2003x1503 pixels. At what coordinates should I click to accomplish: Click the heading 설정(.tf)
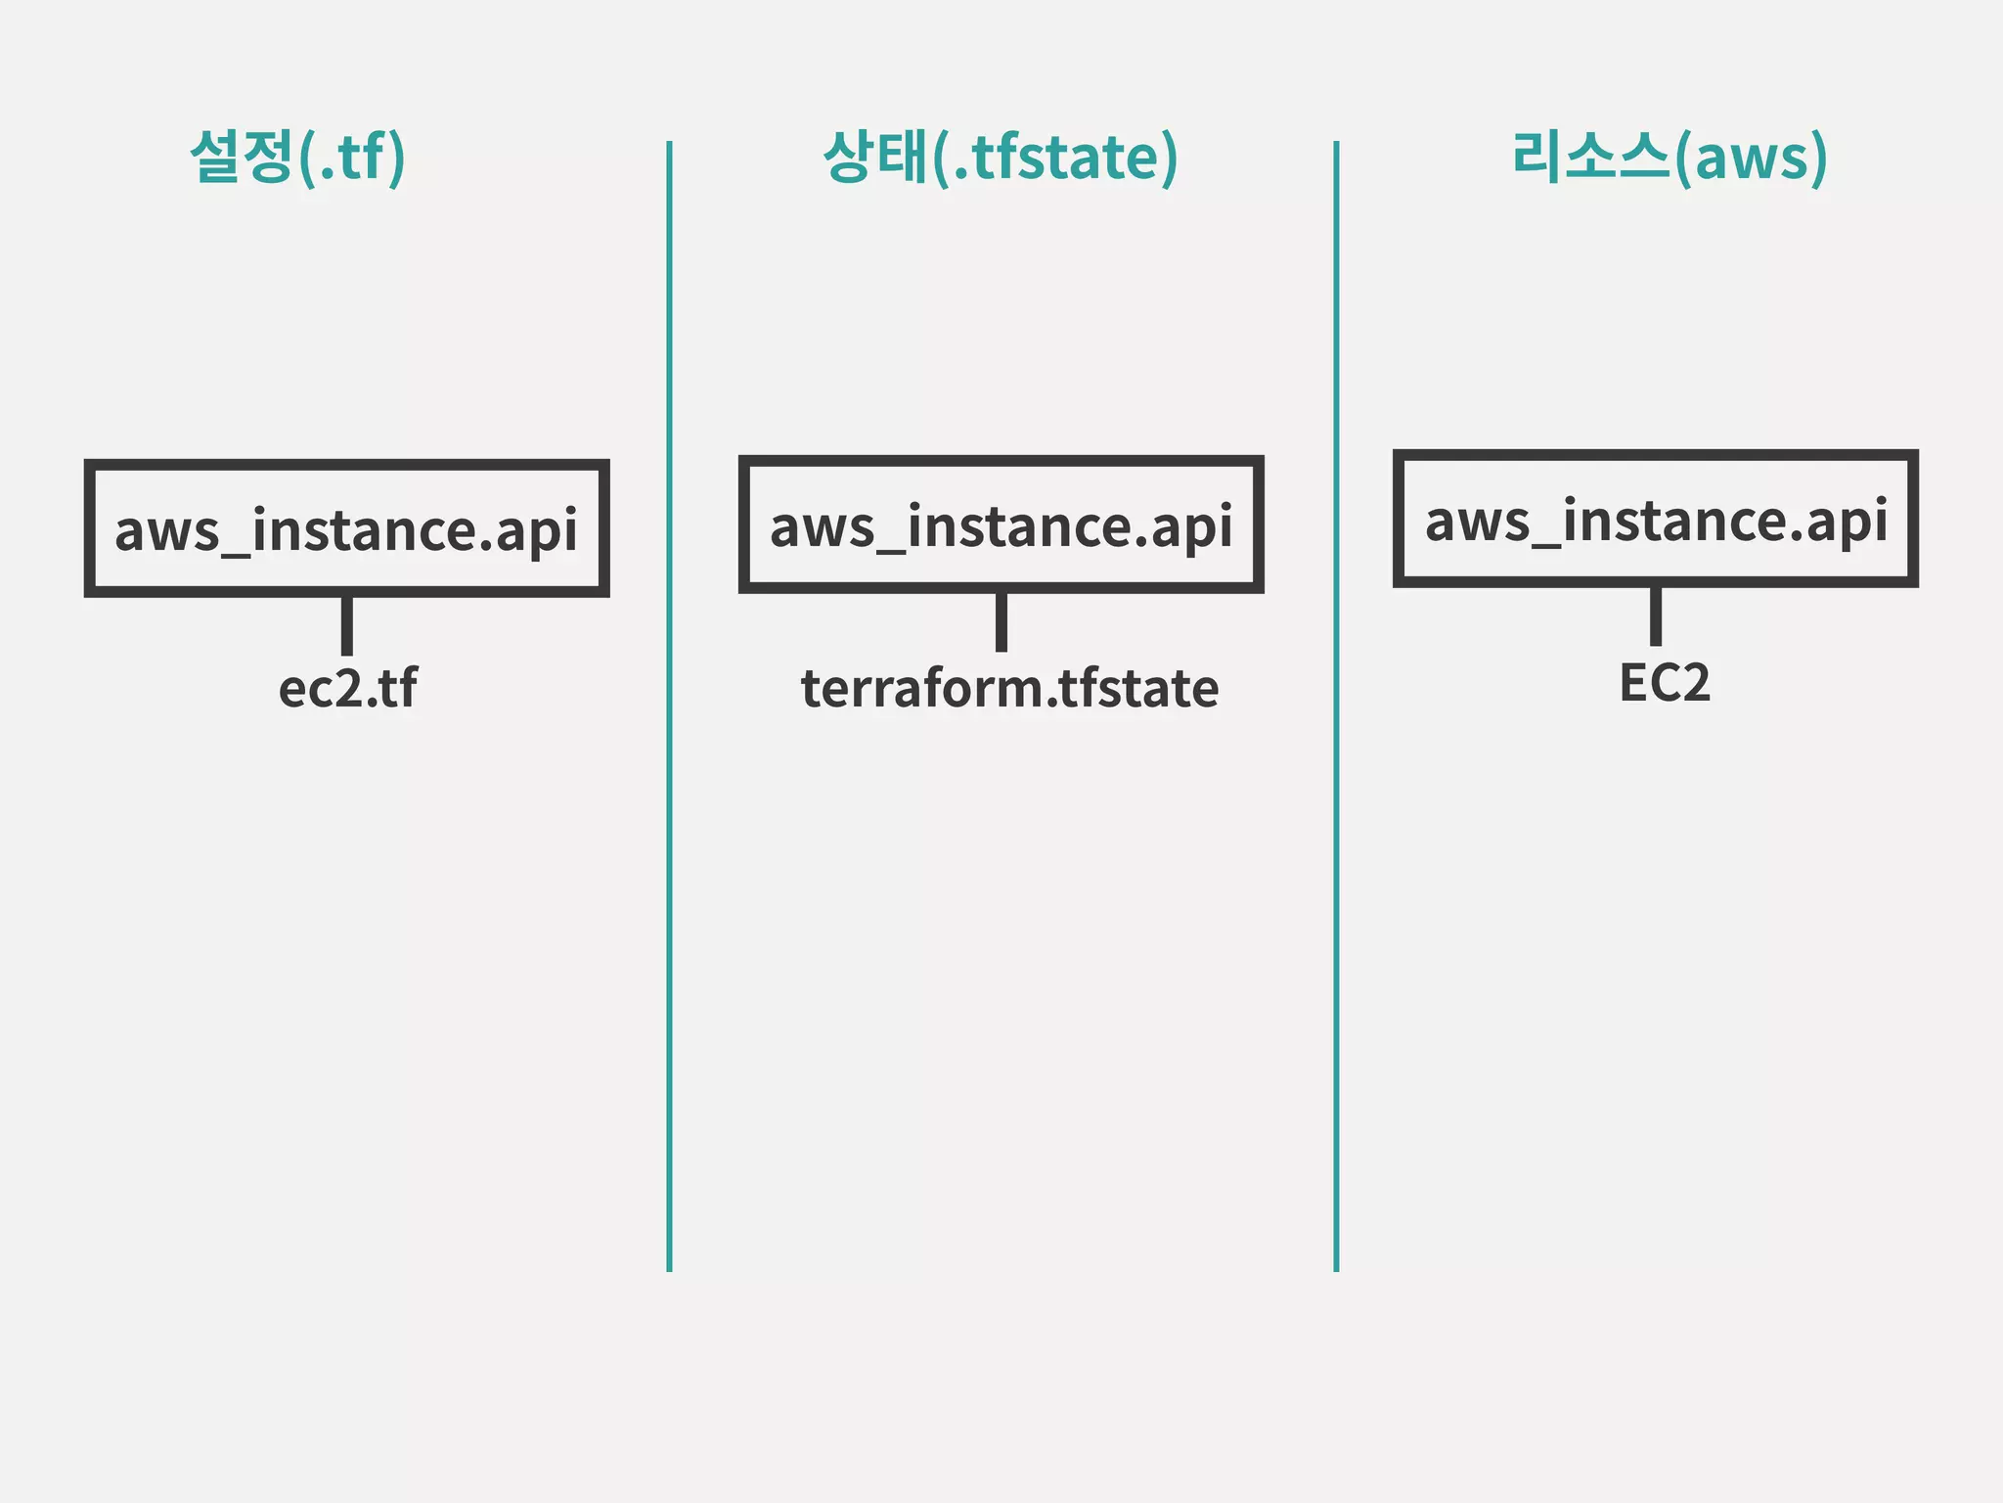pos(297,157)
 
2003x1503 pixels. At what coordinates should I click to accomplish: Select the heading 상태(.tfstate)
pos(1001,157)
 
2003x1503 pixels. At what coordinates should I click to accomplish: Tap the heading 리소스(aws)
pos(1669,157)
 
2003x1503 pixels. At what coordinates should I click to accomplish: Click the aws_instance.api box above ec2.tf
pos(346,528)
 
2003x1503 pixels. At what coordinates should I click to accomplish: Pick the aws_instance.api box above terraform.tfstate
pos(1001,524)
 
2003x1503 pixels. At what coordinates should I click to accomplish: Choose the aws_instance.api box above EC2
pos(1655,519)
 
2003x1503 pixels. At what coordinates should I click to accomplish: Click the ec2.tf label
pos(347,688)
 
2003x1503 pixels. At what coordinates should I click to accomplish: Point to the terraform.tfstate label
pos(1009,688)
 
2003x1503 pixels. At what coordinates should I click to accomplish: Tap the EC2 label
pos(1664,682)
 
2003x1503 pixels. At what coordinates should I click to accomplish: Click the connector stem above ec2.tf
pos(346,625)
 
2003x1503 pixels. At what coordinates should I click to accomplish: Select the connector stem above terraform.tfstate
pos(1001,621)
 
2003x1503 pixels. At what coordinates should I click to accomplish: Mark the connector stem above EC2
pos(1655,615)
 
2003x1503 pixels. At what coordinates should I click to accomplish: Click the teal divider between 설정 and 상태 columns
pos(669,705)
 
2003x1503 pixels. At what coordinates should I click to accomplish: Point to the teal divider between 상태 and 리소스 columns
pos(1336,705)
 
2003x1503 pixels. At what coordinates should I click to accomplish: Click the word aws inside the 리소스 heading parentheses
pos(1751,159)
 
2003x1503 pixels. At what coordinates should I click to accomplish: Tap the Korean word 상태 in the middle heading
pos(874,157)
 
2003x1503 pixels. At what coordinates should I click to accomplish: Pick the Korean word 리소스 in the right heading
pos(1590,157)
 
